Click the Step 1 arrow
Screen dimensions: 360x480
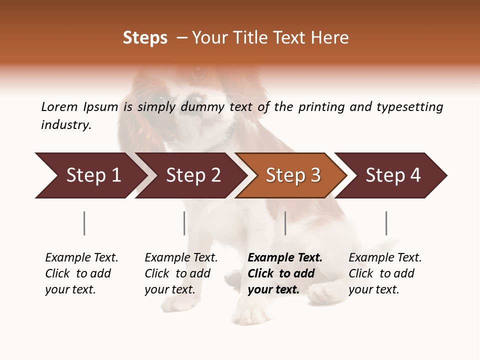[90, 175]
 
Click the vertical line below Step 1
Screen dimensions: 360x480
[84, 223]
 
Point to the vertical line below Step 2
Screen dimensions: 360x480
[184, 223]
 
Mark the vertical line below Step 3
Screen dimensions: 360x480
[285, 223]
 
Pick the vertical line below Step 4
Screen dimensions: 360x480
[386, 223]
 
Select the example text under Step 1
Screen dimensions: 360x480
[81, 273]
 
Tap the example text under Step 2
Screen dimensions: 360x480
[181, 273]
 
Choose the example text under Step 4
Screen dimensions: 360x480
[385, 273]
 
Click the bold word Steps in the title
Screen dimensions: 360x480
[145, 38]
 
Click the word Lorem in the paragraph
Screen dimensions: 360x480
[59, 106]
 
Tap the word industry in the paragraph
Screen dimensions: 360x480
[66, 125]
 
